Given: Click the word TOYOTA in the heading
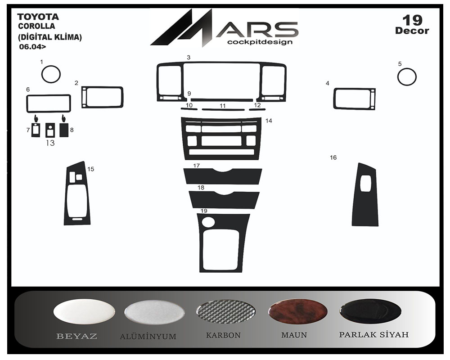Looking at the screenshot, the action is [38, 17].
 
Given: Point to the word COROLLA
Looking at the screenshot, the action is [36, 26].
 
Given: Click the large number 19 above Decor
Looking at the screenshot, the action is [412, 20].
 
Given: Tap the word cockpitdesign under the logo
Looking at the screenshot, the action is [260, 42].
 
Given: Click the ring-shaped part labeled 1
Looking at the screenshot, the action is [42, 75].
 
